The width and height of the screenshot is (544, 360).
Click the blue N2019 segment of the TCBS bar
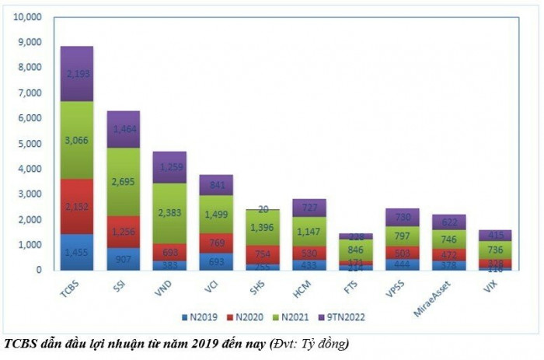(x=76, y=252)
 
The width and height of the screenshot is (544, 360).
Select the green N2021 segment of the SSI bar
(x=122, y=181)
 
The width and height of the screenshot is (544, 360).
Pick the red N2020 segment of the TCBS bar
(x=76, y=206)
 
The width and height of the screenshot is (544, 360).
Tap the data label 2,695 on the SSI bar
(x=122, y=182)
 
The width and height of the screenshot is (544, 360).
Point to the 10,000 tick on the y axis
(x=25, y=16)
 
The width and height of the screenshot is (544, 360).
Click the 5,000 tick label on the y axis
(x=27, y=143)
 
